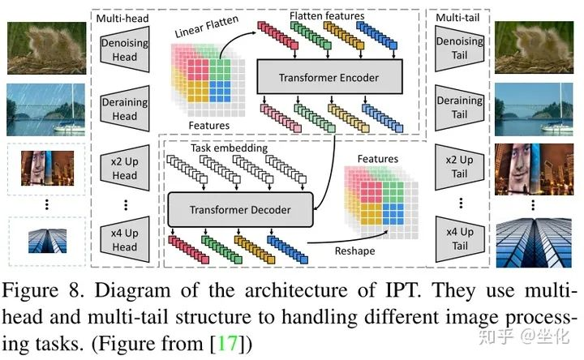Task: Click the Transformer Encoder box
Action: click(x=329, y=77)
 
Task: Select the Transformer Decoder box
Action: click(x=240, y=210)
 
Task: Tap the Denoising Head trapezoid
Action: click(x=125, y=49)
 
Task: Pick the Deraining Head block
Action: click(x=125, y=109)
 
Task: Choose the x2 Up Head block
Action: click(x=125, y=168)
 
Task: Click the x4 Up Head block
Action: click(x=125, y=239)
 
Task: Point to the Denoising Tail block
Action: click(x=460, y=48)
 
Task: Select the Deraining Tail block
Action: click(x=460, y=107)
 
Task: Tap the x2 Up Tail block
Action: click(x=460, y=167)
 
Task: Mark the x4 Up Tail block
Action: click(x=460, y=239)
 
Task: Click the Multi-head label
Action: click(x=122, y=18)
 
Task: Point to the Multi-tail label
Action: click(x=457, y=18)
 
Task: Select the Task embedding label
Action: click(x=229, y=148)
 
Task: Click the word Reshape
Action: click(x=354, y=251)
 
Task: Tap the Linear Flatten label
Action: click(x=207, y=26)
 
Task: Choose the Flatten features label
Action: click(x=327, y=15)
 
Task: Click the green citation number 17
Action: click(x=227, y=343)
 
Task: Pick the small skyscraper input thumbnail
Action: click(x=47, y=241)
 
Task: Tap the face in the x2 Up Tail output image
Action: click(x=517, y=164)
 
